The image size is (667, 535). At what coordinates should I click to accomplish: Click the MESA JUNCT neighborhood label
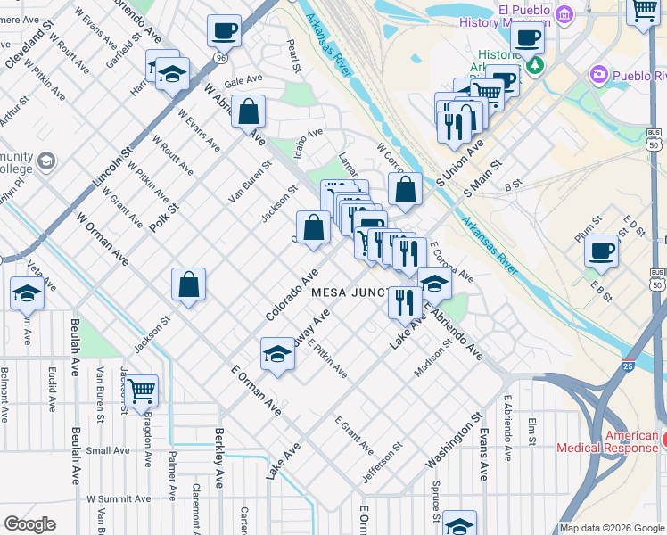pyautogui.click(x=349, y=292)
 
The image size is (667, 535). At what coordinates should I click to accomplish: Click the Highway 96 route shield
pyautogui.click(x=219, y=58)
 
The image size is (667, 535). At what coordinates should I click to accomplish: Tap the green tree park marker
pyautogui.click(x=534, y=65)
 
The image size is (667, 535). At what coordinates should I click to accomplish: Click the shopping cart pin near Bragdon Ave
pyautogui.click(x=141, y=390)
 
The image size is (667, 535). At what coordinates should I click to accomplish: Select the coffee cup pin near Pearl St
pyautogui.click(x=224, y=30)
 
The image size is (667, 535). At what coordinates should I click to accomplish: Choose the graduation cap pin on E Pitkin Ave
pyautogui.click(x=277, y=355)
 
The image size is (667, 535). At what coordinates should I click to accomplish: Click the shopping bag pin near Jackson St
pyautogui.click(x=189, y=285)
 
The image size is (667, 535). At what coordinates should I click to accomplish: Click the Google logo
pyautogui.click(x=29, y=525)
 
